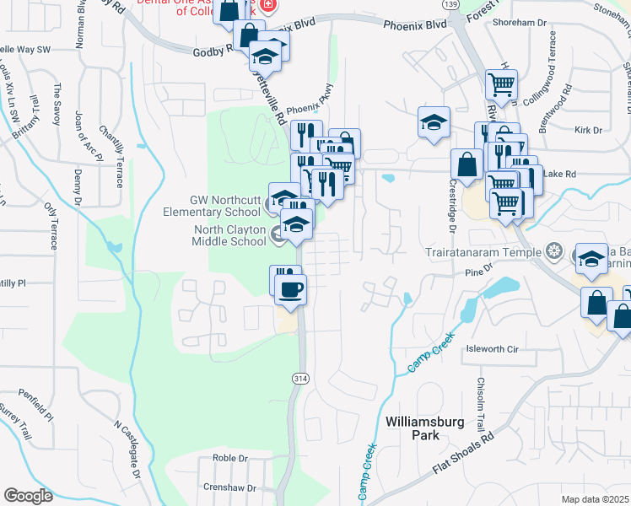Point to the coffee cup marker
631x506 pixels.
(292, 290)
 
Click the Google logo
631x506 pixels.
(28, 496)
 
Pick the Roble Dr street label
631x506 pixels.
(229, 459)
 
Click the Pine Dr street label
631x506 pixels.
(478, 273)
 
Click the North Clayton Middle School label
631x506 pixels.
(230, 235)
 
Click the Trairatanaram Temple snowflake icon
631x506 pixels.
(554, 250)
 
